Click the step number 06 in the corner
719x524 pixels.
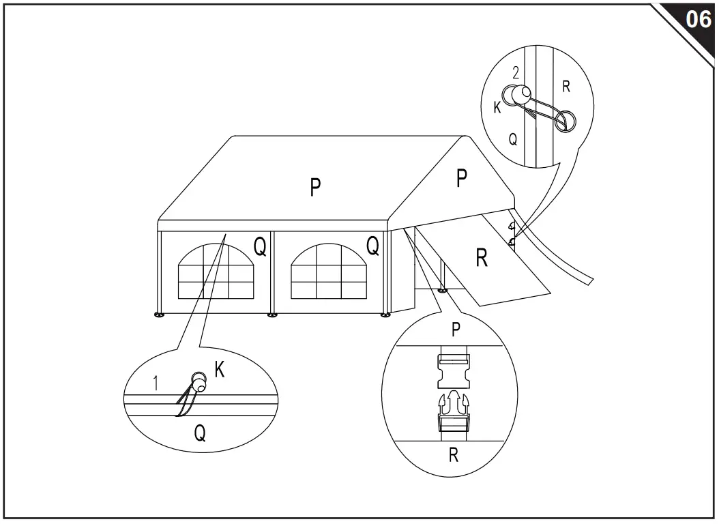pos(699,20)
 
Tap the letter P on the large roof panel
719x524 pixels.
pos(315,187)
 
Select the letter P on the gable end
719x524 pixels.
pos(462,178)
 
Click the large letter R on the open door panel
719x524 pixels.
pos(482,258)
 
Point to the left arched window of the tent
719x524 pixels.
pos(216,272)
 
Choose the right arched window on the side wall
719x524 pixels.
pos(329,272)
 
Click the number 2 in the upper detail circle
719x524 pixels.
pos(516,73)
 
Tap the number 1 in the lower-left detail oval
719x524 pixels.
pos(156,383)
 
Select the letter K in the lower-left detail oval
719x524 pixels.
pos(220,370)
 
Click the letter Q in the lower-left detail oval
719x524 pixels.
pos(199,433)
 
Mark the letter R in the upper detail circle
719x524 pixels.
pos(566,86)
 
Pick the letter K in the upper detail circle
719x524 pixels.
pos(497,107)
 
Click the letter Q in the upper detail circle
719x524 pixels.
pos(513,139)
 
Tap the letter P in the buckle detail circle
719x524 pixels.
pos(455,329)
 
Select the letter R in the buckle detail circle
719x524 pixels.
pos(454,455)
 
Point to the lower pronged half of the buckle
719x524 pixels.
pos(454,411)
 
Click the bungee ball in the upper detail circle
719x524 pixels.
pos(520,96)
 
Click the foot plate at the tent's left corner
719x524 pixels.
pos(159,315)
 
